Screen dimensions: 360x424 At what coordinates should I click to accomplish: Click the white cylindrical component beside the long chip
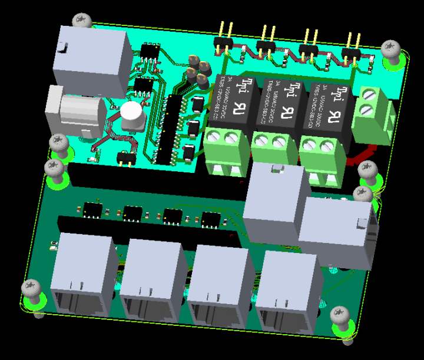133,116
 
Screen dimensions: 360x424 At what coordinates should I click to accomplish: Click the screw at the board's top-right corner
391,51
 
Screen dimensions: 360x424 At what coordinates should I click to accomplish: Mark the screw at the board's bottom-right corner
342,318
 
